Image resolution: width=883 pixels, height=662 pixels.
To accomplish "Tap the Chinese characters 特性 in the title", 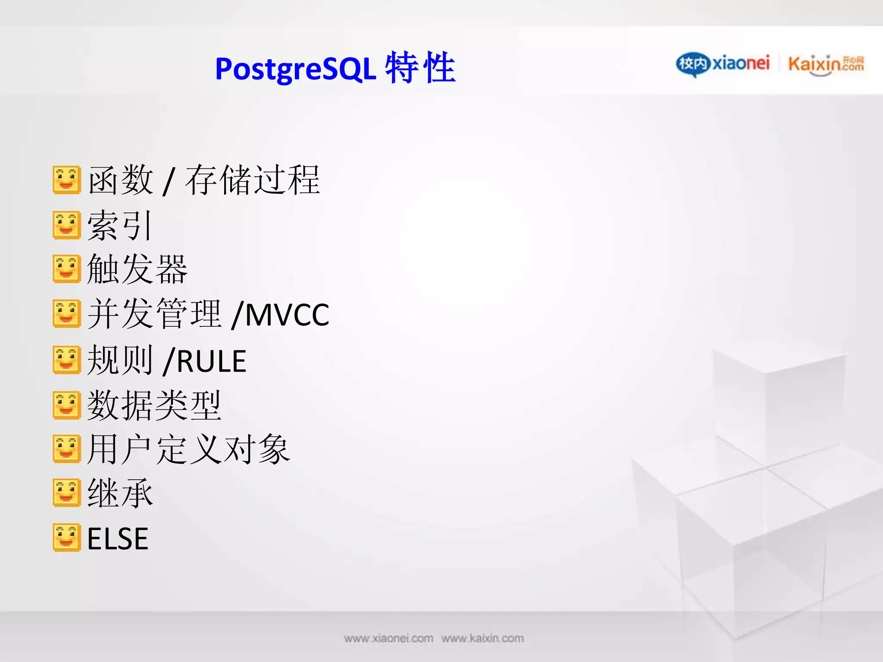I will [420, 67].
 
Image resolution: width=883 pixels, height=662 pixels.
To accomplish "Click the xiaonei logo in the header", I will [723, 64].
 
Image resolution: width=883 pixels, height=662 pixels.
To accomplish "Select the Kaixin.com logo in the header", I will [826, 65].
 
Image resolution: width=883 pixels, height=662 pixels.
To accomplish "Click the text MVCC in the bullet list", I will [287, 315].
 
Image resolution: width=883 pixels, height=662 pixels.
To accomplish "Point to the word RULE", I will [211, 361].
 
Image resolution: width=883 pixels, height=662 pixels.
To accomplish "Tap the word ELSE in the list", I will [118, 539].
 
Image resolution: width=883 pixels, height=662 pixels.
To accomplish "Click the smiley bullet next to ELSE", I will [67, 537].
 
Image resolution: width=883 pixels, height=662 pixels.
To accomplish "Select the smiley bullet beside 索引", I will [67, 225].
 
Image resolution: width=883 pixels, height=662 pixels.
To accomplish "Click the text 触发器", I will [137, 269].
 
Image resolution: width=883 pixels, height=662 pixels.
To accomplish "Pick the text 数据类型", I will [154, 406].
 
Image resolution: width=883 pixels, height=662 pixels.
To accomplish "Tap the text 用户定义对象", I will [188, 450].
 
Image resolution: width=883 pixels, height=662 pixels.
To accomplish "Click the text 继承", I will [120, 493].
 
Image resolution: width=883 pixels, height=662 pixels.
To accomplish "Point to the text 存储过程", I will [253, 180].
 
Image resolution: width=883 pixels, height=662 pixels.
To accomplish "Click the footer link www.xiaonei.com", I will [388, 638].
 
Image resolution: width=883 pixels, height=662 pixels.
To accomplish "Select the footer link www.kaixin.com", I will [482, 638].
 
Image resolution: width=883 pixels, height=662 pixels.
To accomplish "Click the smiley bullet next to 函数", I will [67, 180].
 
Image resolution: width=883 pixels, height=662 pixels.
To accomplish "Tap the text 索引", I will [120, 225].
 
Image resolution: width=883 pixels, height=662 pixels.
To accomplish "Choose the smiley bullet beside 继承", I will [67, 492].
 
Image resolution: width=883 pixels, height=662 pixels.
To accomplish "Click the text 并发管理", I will [154, 314].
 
